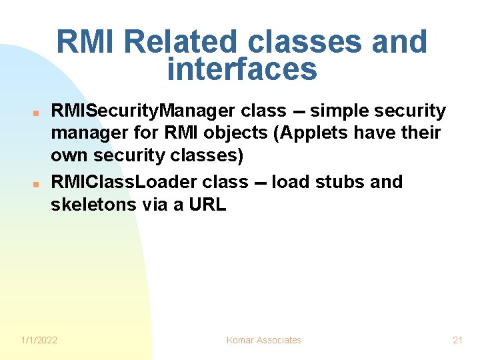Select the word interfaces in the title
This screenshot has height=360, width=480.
tap(242, 69)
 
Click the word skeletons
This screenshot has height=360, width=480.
tap(94, 205)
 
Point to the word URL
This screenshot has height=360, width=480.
tap(207, 205)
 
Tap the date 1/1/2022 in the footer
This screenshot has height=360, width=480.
tap(39, 340)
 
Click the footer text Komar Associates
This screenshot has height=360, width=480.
tap(263, 340)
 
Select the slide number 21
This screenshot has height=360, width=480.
tap(457, 340)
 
